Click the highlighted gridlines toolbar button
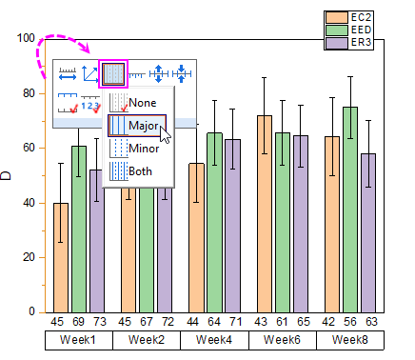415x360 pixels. (x=113, y=72)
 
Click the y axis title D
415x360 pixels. (x=7, y=175)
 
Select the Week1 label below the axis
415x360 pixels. (x=78, y=340)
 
